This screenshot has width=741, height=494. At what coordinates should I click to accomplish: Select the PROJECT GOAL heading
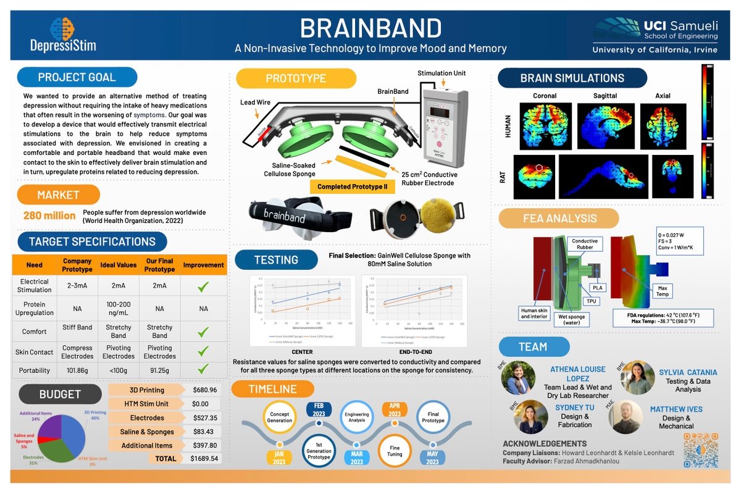[x=77, y=77]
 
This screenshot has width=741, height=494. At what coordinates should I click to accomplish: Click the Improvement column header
[x=203, y=265]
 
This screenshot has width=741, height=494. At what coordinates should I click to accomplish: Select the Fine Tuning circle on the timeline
[x=395, y=450]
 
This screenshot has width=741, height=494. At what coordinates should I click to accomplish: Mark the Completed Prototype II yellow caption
[x=351, y=186]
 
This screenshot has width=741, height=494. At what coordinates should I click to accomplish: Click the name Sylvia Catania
[x=687, y=372]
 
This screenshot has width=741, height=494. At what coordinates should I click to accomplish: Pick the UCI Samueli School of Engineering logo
[x=655, y=35]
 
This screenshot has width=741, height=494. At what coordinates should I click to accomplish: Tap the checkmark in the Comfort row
[x=203, y=332]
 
